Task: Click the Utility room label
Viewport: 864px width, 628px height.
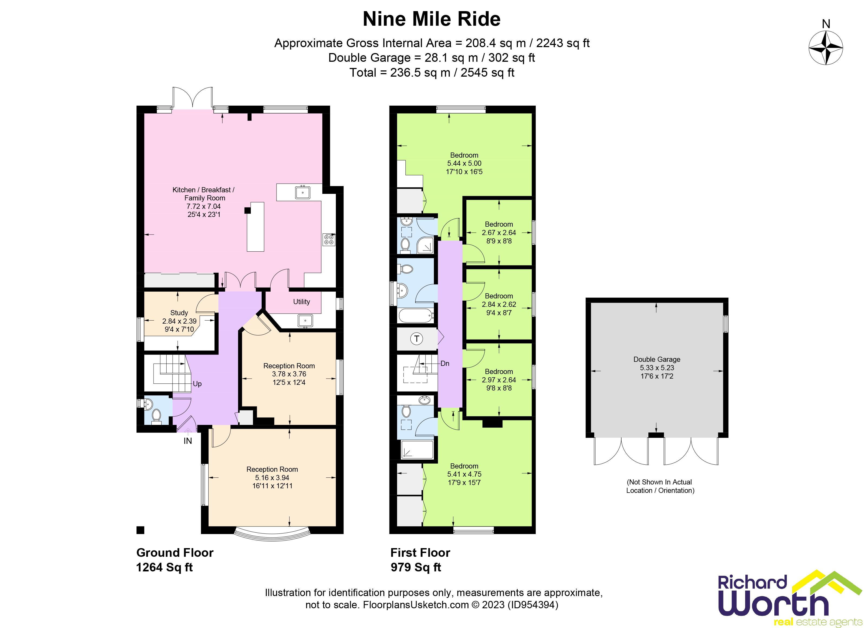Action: point(301,302)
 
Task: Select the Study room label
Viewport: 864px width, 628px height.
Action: point(179,313)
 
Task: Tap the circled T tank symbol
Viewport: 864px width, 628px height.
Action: point(417,339)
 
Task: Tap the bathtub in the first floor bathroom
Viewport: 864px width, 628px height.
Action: point(416,315)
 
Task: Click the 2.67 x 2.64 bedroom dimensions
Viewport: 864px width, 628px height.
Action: point(499,233)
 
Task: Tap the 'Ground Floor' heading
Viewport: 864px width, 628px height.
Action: point(175,553)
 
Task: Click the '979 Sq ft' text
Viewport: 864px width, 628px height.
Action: point(416,567)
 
